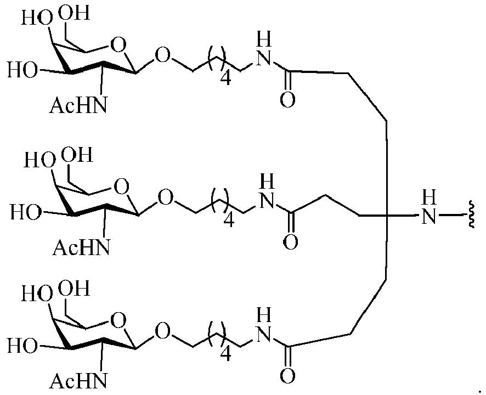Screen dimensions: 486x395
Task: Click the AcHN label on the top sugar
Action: pos(78,105)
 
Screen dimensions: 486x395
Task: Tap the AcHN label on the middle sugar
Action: pos(81,247)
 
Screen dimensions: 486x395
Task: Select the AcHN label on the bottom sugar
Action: pos(78,380)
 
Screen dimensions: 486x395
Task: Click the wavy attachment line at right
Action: pos(471,215)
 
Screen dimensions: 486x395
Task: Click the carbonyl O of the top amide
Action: pos(287,100)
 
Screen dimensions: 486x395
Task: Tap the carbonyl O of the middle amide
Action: pos(290,242)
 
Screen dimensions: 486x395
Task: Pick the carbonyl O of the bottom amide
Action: pos(287,375)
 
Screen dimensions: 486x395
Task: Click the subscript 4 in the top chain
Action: pos(225,77)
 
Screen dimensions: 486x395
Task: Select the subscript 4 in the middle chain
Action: pos(229,220)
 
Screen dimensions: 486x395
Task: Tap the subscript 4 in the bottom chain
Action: pos(225,353)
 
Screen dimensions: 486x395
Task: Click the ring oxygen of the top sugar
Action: pos(118,45)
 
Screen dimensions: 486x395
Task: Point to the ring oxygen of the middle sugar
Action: pos(121,187)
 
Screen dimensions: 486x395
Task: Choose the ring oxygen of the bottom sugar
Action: pos(118,320)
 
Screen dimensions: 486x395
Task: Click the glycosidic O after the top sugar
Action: pos(163,56)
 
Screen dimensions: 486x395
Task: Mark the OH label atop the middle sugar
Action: pos(77,154)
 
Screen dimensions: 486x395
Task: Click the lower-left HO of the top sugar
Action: pos(22,70)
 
